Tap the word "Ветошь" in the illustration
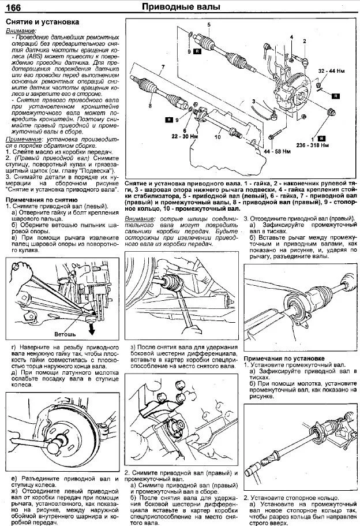tap(63, 334)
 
